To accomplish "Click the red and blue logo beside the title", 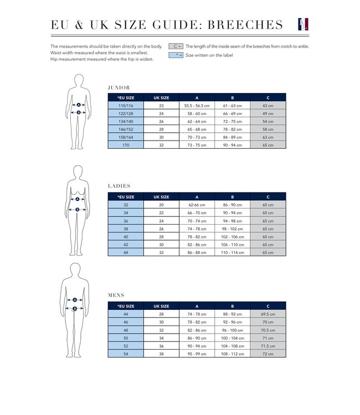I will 302,24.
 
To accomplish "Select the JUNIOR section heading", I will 119,87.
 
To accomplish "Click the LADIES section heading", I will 119,186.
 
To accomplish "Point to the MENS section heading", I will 116,295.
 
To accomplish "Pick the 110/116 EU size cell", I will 126,105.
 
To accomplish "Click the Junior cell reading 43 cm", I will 268,105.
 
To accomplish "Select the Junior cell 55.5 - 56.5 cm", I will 197,105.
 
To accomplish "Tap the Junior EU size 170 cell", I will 126,144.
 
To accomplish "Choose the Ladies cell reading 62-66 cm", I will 197,205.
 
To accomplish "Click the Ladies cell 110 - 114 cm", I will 233,252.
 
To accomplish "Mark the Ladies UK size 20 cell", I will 161,205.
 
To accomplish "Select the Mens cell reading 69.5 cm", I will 268,314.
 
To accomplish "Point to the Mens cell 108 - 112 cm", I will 233,354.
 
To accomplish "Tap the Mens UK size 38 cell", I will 161,354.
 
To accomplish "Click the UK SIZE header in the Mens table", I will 161,306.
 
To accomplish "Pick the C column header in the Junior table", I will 268,97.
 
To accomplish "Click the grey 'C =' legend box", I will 176,46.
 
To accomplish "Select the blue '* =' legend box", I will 176,55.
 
